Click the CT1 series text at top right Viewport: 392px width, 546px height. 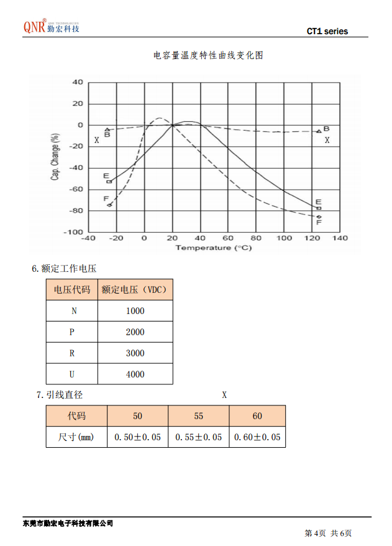pos(327,31)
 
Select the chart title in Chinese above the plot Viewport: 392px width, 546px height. pos(208,55)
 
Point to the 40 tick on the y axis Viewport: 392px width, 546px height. pos(77,82)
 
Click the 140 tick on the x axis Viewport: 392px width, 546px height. pos(340,238)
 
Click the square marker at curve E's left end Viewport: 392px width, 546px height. pos(109,181)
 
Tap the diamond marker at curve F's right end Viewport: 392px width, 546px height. pos(319,216)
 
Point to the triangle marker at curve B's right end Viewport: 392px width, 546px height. pos(319,131)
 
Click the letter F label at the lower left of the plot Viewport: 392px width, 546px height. pos(106,198)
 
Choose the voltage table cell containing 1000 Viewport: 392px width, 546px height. pos(135,311)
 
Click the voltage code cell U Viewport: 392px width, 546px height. pos(71,374)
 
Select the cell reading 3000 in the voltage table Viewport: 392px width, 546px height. pos(135,353)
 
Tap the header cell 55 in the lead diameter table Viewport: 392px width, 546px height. pos(199,416)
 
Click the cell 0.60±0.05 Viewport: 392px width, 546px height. pos(257,437)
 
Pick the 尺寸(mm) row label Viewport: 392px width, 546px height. pos(76,437)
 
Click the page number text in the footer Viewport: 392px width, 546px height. pos(328,533)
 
